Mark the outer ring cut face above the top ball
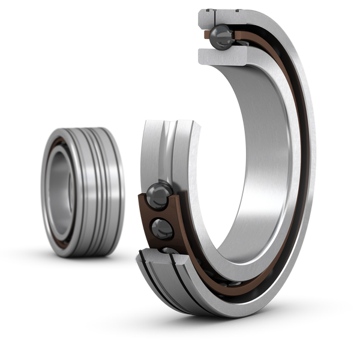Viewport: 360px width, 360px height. click(221, 17)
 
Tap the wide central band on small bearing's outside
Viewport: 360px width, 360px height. click(90, 189)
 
